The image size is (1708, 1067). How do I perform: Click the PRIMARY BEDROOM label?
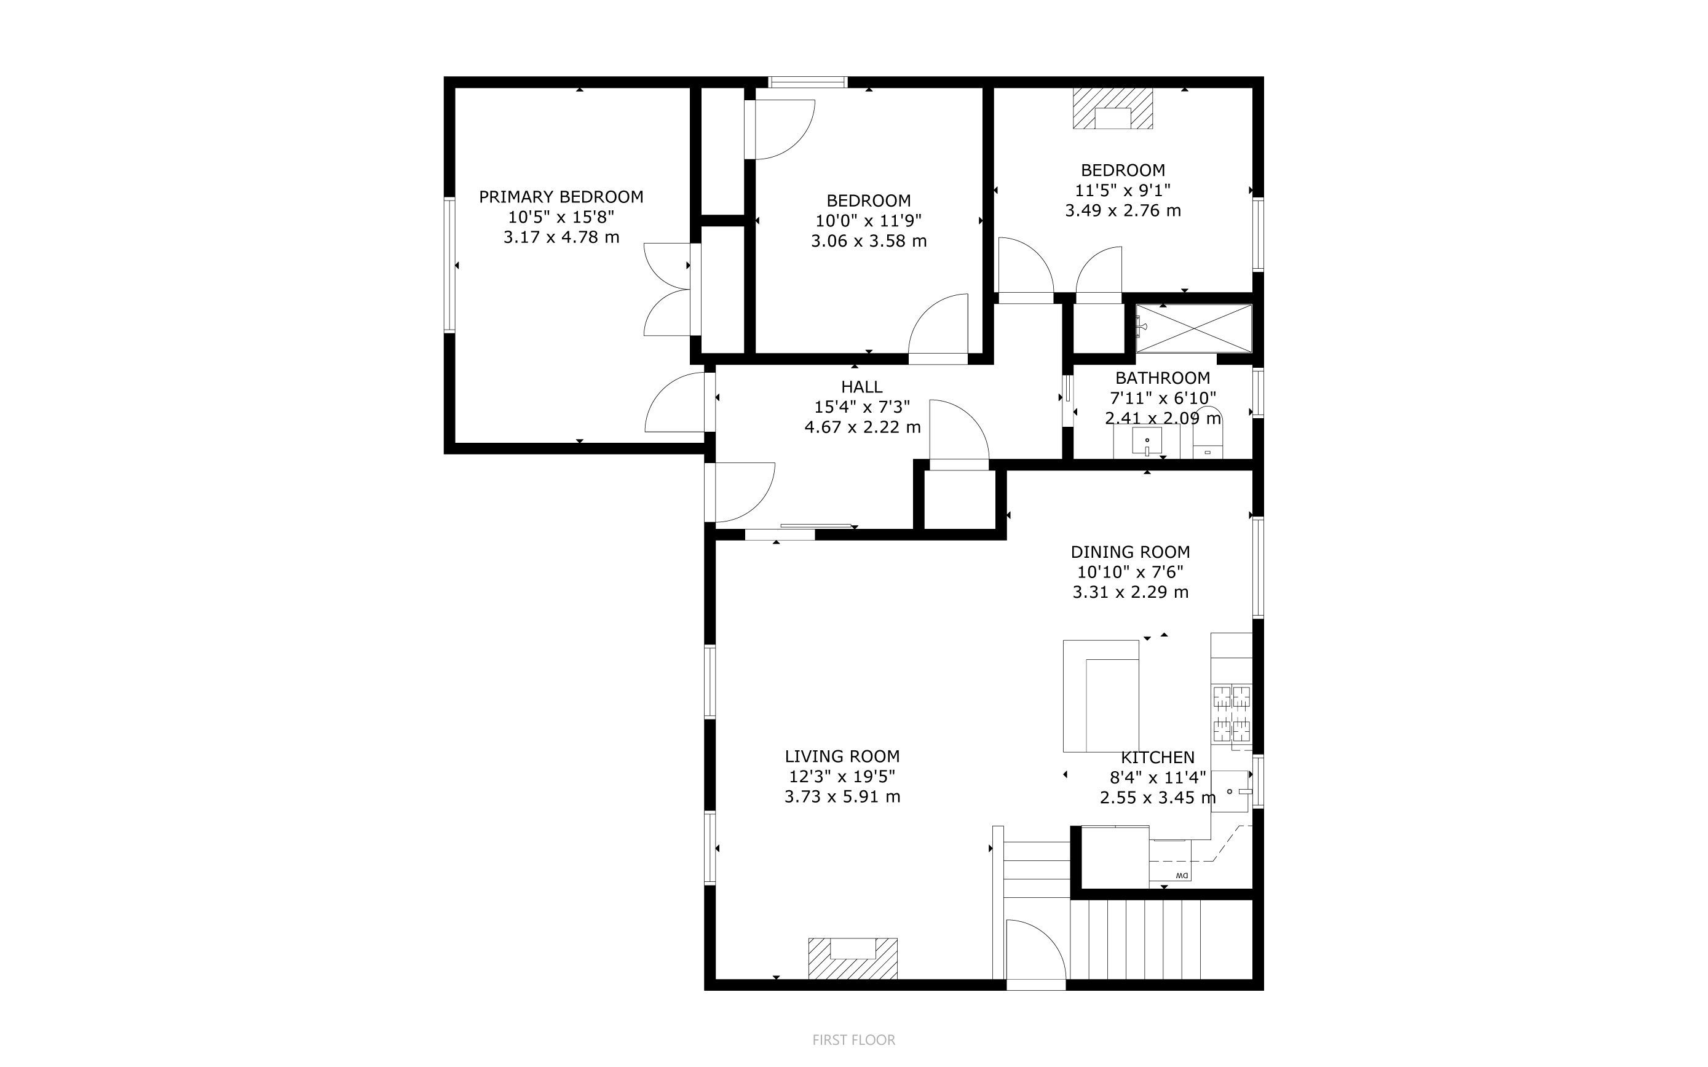point(561,197)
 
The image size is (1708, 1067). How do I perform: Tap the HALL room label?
point(861,387)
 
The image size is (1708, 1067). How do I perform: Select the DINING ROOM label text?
point(1130,552)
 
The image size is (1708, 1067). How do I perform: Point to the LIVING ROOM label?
point(842,756)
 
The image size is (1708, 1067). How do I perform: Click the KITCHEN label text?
point(1158,758)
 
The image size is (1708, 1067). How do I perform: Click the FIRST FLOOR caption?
point(853,1040)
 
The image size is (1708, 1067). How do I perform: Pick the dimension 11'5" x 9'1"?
point(1123,191)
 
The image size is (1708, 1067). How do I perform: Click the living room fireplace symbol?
point(852,958)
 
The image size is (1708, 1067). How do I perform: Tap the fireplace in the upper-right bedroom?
point(1113,108)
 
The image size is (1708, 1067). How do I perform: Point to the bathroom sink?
point(1147,441)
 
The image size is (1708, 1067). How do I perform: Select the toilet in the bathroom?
point(1208,434)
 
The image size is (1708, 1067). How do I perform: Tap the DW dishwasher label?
point(1182,876)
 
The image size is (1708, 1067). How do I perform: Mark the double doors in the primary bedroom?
point(668,289)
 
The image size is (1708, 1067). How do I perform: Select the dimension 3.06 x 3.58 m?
point(869,241)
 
